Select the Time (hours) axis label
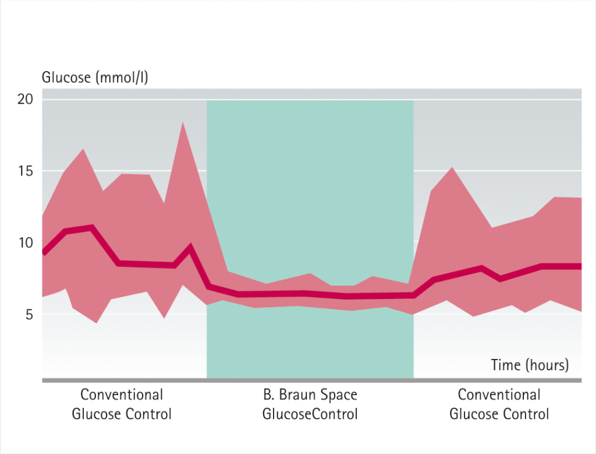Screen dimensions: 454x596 point(530,365)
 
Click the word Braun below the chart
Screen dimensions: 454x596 point(303,395)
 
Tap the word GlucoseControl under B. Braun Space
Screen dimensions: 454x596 point(310,414)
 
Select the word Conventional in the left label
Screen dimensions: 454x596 point(122,395)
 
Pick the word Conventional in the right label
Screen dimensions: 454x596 point(499,395)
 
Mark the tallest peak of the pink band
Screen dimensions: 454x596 point(183,122)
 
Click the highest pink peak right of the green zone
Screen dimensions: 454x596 point(452,168)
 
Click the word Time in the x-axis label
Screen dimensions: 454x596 point(505,365)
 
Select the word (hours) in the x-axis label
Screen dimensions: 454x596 point(547,365)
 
